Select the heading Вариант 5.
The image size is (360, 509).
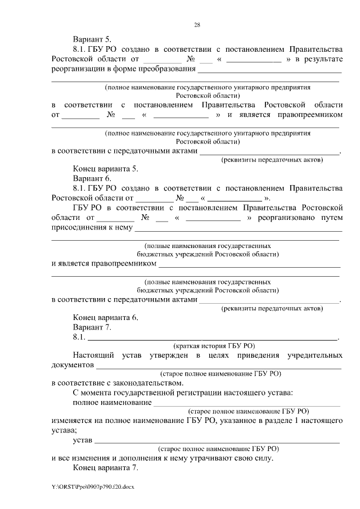point(92,39)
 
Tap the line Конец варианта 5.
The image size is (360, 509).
point(105,168)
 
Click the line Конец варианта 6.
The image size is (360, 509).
point(105,317)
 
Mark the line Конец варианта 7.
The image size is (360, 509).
point(105,467)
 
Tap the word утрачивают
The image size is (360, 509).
point(211,458)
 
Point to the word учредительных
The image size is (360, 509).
point(314,355)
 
